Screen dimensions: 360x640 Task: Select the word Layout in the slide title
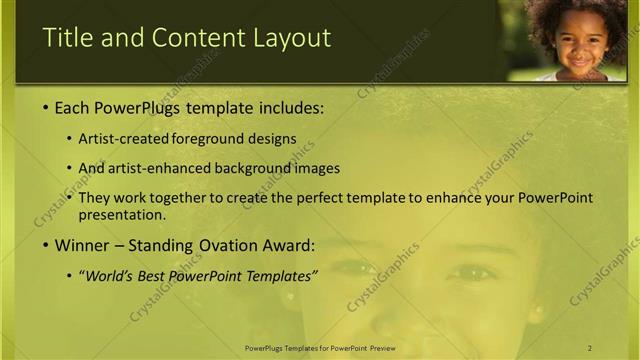pos(290,38)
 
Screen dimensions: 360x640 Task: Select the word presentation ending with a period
pos(121,214)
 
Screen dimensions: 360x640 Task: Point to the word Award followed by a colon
pos(288,245)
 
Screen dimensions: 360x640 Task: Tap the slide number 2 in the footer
pos(590,347)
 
